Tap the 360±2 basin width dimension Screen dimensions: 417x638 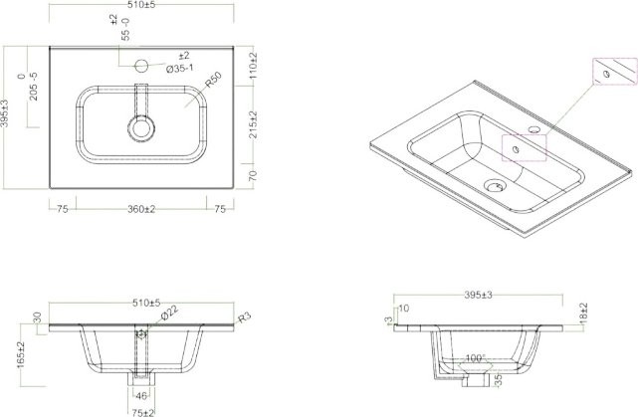[140, 209]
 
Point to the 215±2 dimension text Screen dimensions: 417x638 [254, 123]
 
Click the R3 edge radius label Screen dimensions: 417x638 [243, 317]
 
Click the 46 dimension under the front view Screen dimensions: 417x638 [140, 396]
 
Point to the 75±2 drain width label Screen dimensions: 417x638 [140, 411]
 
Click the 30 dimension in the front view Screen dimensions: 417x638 [38, 317]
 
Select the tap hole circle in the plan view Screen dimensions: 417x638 [141, 67]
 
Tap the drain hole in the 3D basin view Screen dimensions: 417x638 [493, 184]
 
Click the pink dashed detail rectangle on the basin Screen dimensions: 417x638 [524, 146]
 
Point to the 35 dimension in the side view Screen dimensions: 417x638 [498, 379]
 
